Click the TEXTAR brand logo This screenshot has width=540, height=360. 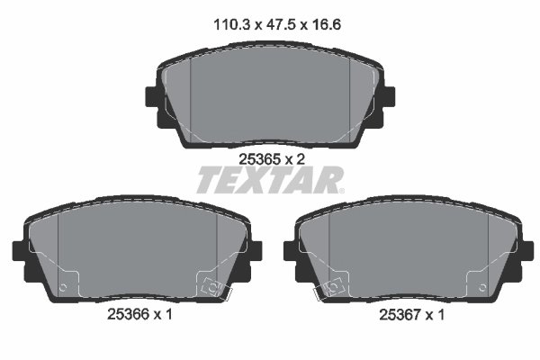(x=270, y=180)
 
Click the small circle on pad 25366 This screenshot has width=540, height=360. (x=63, y=288)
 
